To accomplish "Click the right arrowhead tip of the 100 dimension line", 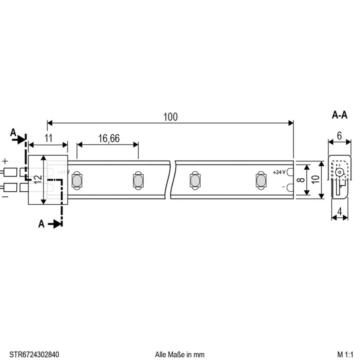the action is [293, 123].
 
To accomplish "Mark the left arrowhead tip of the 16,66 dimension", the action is [77, 145].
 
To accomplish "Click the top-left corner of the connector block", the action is [28, 155].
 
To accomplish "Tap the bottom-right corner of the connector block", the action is [68, 204].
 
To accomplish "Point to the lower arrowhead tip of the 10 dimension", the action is [322, 199].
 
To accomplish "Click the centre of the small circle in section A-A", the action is [340, 172].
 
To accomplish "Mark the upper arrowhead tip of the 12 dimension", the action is [43, 156].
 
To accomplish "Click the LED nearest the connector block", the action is [77, 181].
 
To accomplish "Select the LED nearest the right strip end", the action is [261, 181].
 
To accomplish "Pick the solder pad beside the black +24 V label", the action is [290, 172].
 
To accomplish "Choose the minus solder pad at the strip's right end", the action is [290, 188].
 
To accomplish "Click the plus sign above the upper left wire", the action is [5, 161].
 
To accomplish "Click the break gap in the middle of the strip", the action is [170, 179].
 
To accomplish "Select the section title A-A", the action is [340, 115].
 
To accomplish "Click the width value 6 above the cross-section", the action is [340, 136].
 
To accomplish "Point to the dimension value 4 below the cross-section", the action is [340, 212].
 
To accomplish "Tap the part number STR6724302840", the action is [34, 354].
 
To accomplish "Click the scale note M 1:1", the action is [345, 354].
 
